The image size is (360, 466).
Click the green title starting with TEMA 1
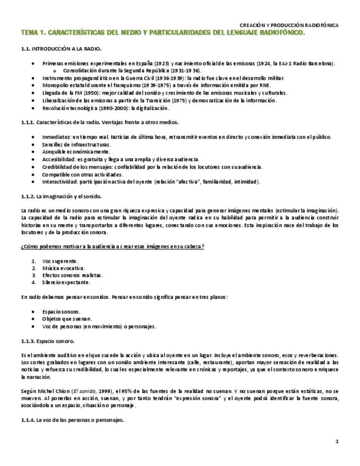coord(162,33)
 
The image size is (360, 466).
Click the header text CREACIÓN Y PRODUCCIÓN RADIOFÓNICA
coord(289,25)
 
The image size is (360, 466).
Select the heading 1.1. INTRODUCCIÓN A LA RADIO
coord(60,49)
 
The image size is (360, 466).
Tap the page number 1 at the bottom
coord(337,442)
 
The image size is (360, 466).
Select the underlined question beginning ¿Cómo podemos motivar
coord(112,246)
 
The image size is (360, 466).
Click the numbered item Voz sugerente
coord(60,260)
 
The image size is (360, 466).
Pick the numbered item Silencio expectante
coord(66,282)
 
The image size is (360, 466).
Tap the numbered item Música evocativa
coord(63,268)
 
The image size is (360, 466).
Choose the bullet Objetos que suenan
coord(67,319)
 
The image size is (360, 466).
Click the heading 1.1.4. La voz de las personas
coord(72,420)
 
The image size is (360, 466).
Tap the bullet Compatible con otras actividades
coord(82,174)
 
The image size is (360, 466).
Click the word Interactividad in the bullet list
coord(59,182)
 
